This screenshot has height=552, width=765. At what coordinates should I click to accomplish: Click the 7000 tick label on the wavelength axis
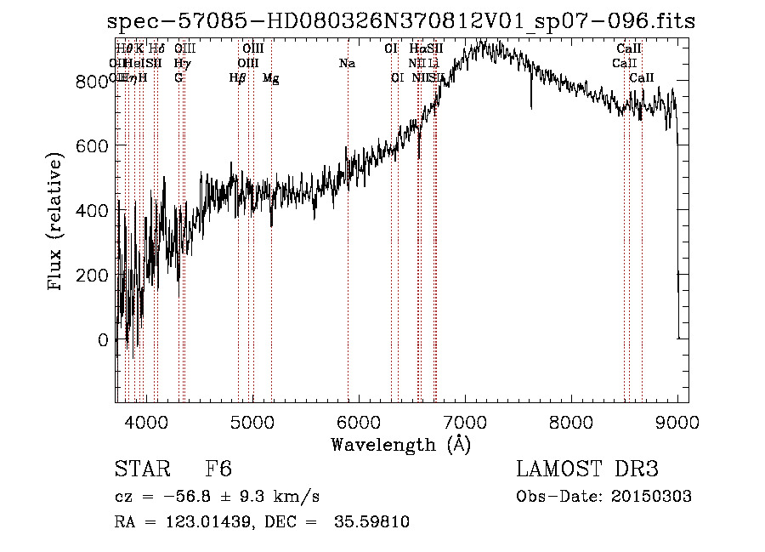(464, 423)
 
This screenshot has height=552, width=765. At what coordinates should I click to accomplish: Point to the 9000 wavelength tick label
(677, 423)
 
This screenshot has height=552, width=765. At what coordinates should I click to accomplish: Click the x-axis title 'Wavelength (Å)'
(401, 444)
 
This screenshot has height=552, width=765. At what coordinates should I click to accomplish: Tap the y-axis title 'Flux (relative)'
(57, 223)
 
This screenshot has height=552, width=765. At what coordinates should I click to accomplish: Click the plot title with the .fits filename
(402, 22)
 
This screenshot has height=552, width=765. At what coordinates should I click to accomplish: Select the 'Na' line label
(347, 63)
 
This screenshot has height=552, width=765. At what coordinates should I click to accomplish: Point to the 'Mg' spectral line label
(270, 78)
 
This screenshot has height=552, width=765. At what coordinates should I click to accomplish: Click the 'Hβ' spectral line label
(238, 78)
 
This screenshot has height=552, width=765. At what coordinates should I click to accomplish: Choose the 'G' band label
(178, 78)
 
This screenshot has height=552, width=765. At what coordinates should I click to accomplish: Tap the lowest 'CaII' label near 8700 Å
(642, 78)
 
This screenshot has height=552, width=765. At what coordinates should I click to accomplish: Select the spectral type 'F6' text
(218, 470)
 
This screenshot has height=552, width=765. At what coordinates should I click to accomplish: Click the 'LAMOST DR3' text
(587, 470)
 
